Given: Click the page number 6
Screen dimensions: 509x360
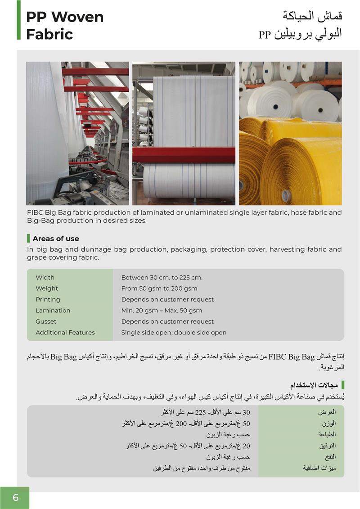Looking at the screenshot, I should click(16, 498).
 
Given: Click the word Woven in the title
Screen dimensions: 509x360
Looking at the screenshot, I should click(77, 17).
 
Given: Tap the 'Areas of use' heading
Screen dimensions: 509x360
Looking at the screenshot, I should click(55, 239).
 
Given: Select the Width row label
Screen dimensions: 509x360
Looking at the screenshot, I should click(45, 278).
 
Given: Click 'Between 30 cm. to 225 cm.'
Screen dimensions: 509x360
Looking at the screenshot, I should click(162, 278).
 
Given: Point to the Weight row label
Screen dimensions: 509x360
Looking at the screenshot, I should click(47, 288).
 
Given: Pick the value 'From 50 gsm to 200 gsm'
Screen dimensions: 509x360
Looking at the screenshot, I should click(159, 288).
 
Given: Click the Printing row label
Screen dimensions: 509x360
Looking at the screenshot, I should click(48, 300).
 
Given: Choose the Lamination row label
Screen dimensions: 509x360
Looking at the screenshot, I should click(53, 311).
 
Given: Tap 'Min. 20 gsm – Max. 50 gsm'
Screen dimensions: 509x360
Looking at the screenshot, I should click(162, 311).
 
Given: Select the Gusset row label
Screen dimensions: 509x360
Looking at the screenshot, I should click(46, 322).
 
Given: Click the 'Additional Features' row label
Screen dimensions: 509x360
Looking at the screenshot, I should click(65, 333).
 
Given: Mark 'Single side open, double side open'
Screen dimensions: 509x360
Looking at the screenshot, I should click(174, 333).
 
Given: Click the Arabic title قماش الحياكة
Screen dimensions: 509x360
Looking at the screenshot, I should click(312, 16).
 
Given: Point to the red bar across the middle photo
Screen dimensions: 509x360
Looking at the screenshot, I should click(184, 155).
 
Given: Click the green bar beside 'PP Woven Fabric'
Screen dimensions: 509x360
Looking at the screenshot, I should click(19, 20).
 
